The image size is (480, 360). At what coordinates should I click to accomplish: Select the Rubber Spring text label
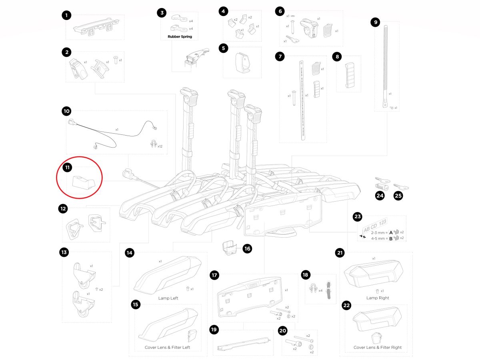[x=177, y=36]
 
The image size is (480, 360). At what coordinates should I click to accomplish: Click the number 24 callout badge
[x=380, y=196]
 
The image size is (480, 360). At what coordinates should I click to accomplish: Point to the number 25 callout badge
[x=398, y=196]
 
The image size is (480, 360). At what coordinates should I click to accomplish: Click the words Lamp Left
[x=168, y=298]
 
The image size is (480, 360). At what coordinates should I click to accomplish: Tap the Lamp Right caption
[x=377, y=298]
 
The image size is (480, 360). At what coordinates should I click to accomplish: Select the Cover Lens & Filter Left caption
[x=167, y=347]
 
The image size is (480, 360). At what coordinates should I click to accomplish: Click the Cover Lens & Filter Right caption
[x=377, y=347]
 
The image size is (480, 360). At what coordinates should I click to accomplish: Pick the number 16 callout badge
[x=247, y=248]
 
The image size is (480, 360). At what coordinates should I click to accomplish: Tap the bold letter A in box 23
[x=390, y=232]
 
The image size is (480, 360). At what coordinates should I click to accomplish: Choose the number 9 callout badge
[x=375, y=22]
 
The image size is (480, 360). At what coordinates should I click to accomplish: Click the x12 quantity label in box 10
[x=160, y=146]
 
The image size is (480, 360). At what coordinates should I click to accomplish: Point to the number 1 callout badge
[x=67, y=16]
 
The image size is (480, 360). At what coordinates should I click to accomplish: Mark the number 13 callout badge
[x=64, y=252]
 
